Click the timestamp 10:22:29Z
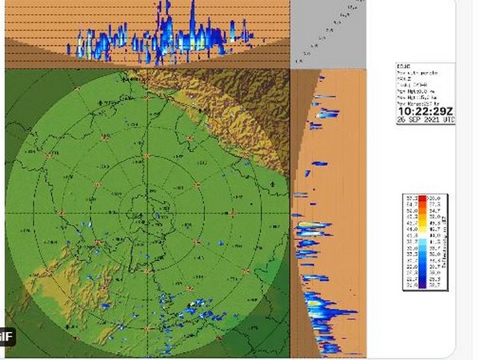click(426, 110)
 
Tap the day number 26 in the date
click(402, 120)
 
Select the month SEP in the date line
click(414, 120)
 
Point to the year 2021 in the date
click(431, 120)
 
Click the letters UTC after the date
click(448, 120)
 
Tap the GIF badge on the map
click(6, 335)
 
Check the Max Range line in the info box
click(416, 102)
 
